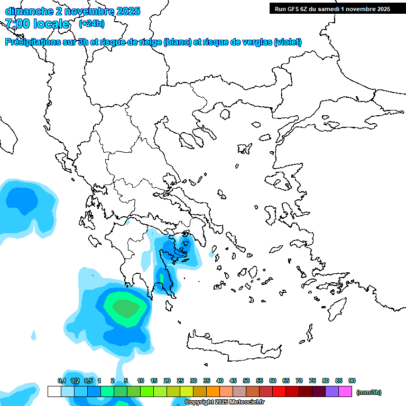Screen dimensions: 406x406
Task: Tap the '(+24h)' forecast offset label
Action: click(x=91, y=24)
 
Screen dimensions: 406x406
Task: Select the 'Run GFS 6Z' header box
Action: click(x=330, y=9)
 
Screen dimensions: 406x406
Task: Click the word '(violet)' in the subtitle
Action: click(x=288, y=42)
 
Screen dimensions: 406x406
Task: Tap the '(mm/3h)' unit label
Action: click(x=369, y=392)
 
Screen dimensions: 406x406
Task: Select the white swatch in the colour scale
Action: click(x=54, y=392)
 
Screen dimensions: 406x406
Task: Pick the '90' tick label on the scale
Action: click(x=352, y=381)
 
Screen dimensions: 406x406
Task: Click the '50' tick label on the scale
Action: click(x=246, y=381)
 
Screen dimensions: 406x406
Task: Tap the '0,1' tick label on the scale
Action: click(x=61, y=381)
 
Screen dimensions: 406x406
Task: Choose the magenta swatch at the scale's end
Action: click(x=345, y=392)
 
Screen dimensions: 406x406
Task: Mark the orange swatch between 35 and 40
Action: click(x=213, y=392)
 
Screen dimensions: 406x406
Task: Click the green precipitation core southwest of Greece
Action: click(x=125, y=308)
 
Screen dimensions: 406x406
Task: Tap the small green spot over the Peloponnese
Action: click(x=162, y=277)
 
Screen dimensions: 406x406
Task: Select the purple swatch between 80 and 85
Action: click(x=332, y=392)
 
